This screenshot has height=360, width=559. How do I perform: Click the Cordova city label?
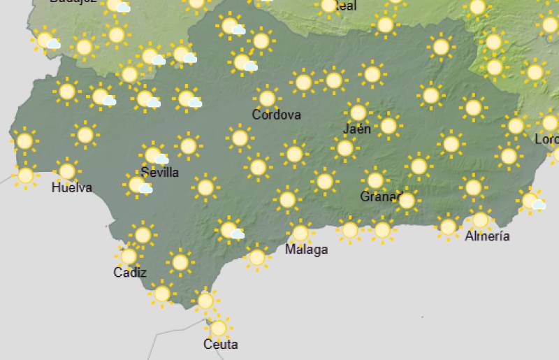[x=277, y=115]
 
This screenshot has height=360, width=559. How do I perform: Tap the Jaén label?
[x=357, y=129]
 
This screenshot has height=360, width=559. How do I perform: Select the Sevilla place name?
[x=159, y=172]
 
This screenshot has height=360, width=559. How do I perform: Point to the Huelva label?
[x=71, y=187]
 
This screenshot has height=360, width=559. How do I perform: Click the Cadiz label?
[x=130, y=272]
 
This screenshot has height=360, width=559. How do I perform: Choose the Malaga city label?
[x=306, y=249]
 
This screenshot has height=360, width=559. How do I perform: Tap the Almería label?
[x=487, y=236]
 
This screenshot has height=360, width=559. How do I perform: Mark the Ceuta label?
[x=220, y=344]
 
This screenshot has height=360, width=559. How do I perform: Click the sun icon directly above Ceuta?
[x=219, y=327]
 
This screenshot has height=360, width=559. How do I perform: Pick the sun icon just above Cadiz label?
[x=129, y=257]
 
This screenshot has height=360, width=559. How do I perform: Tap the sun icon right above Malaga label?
[x=300, y=233]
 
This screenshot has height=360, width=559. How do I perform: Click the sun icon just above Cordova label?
[x=266, y=99]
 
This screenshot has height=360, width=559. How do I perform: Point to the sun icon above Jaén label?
[x=358, y=113]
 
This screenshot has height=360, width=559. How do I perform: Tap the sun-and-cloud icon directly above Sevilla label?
[x=154, y=155]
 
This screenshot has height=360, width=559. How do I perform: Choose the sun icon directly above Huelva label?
[x=67, y=171]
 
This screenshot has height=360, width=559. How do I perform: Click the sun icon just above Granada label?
[x=375, y=180]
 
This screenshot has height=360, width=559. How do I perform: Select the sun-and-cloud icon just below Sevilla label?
[x=138, y=185]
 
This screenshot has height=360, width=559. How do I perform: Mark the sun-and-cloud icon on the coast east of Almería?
[x=532, y=201]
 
